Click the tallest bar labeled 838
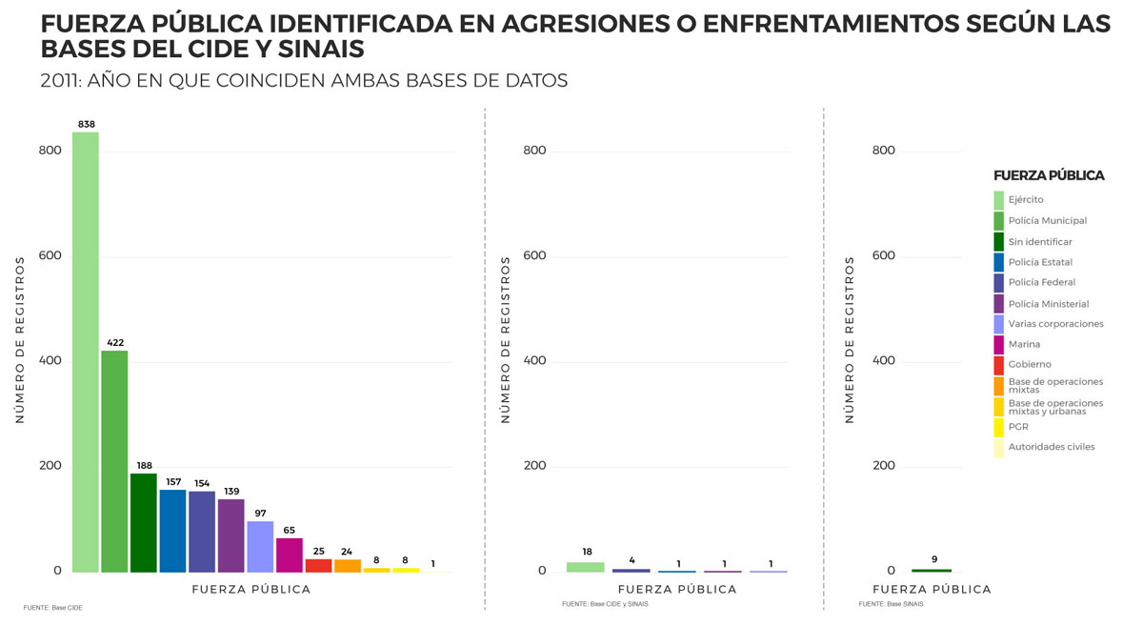click(86, 352)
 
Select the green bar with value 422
click(114, 461)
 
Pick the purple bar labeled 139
click(231, 535)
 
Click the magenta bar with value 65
click(290, 555)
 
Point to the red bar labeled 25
click(318, 565)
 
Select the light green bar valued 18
click(586, 567)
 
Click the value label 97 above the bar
click(260, 514)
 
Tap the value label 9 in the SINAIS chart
click(934, 559)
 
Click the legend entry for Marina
click(1024, 344)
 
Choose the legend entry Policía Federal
click(1041, 282)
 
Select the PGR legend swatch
click(998, 427)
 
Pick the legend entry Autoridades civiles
click(1051, 447)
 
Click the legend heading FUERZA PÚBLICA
click(1049, 175)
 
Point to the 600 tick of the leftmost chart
click(50, 255)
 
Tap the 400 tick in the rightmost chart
click(884, 361)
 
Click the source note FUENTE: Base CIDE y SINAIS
click(605, 604)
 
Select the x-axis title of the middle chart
click(678, 589)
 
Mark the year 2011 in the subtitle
click(60, 81)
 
